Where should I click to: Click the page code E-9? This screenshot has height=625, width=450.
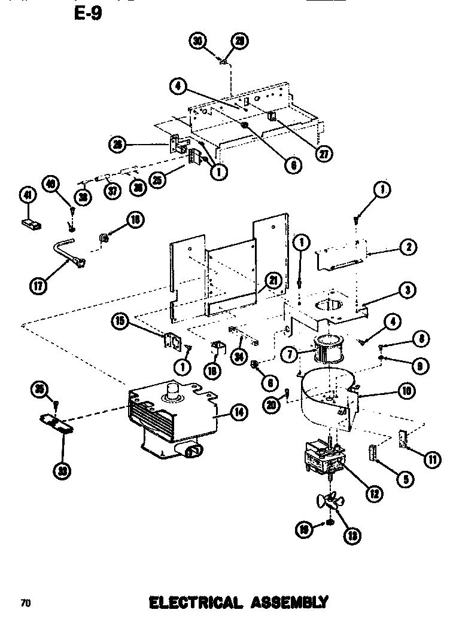(87, 13)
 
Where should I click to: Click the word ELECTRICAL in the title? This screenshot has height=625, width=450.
(194, 602)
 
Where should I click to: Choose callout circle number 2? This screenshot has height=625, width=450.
(408, 246)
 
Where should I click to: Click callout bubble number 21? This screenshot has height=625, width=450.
(273, 281)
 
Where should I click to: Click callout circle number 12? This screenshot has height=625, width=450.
(374, 493)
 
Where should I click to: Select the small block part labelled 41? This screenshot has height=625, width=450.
(31, 225)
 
